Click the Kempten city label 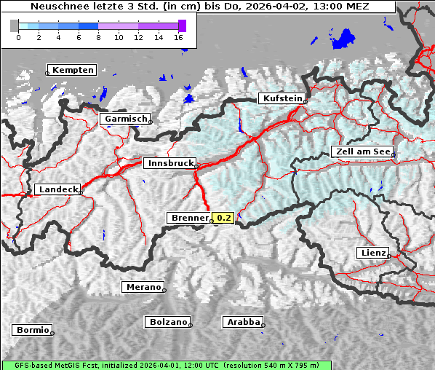click(72, 70)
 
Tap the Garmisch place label click(126, 119)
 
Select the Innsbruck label click(169, 164)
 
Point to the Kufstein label click(282, 98)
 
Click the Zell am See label click(362, 151)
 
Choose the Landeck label click(57, 189)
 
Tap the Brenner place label click(188, 218)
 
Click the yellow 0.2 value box click(223, 218)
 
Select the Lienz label click(373, 253)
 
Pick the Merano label click(142, 287)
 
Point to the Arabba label click(242, 322)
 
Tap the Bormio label click(32, 330)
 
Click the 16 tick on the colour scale click(178, 37)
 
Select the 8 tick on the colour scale click(98, 37)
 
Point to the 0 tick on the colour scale click(18, 37)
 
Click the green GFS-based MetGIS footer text click(166, 365)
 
